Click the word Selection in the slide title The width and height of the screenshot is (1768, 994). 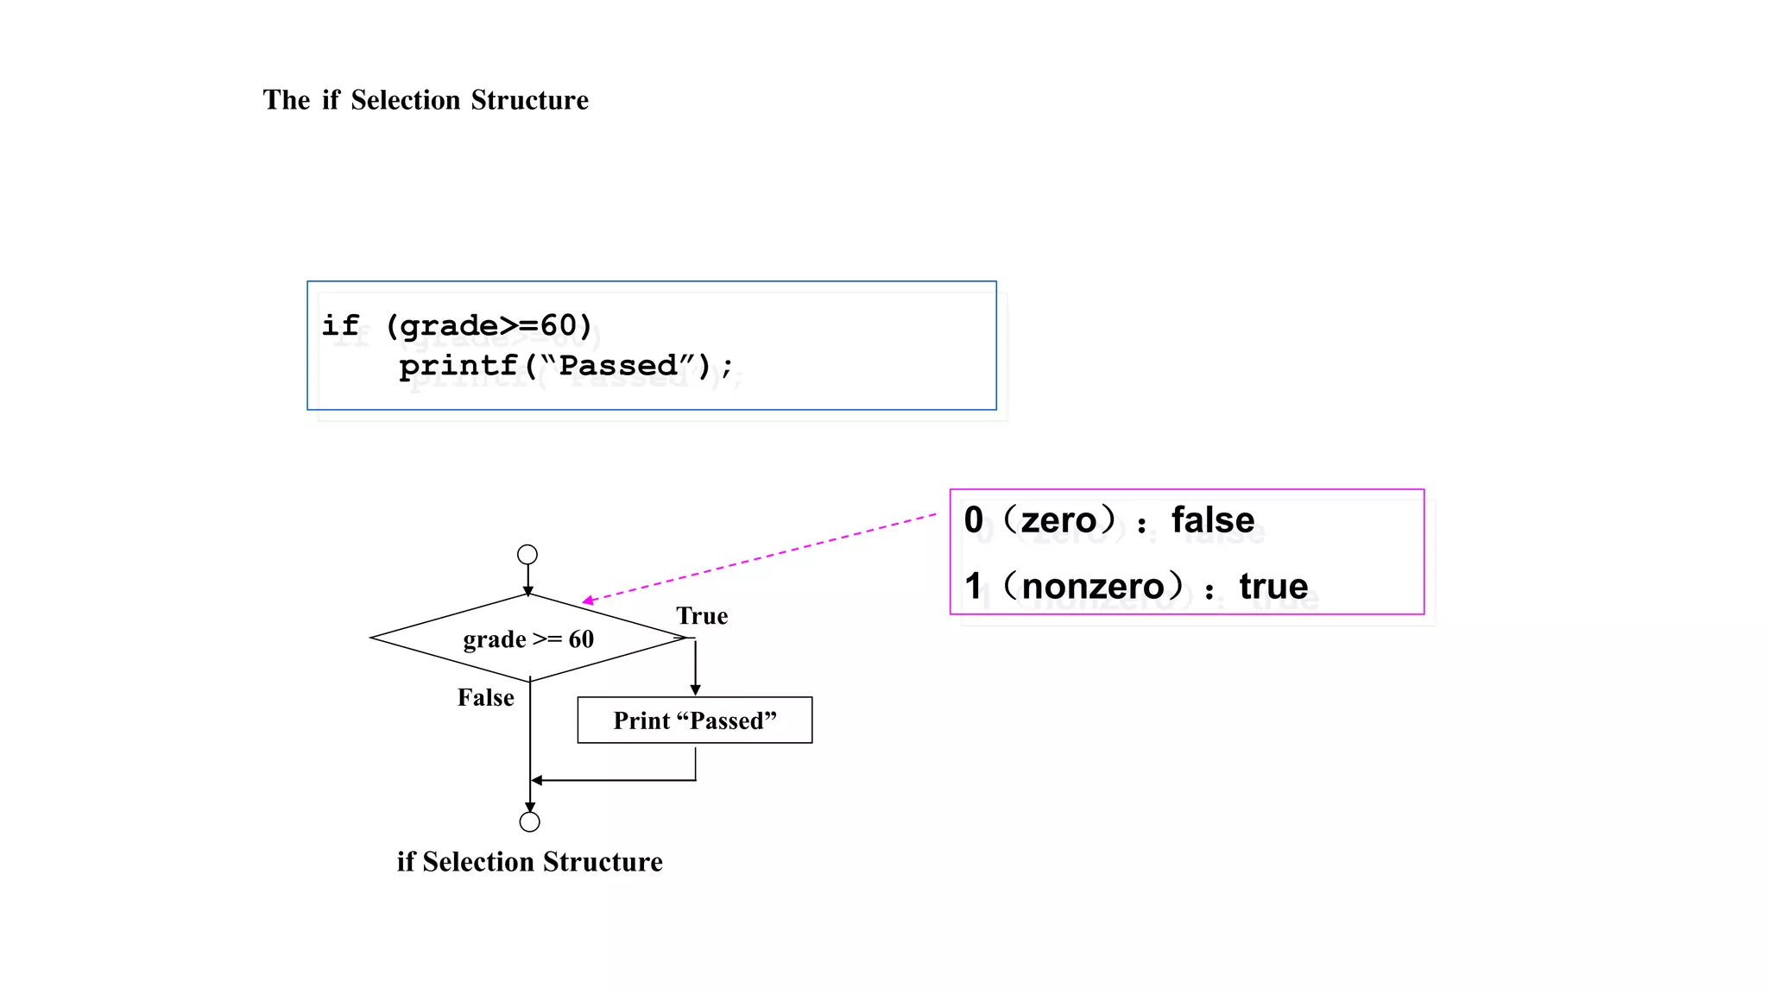(x=406, y=100)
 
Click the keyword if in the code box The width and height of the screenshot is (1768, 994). (x=340, y=325)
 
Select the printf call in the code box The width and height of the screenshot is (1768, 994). (x=458, y=366)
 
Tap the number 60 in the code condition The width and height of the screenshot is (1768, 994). (x=558, y=325)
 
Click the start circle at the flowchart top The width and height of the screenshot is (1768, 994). (x=527, y=554)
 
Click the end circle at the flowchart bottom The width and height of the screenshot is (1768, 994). (x=530, y=821)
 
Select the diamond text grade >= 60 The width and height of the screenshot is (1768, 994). (x=528, y=639)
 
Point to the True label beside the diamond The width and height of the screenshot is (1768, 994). (x=702, y=616)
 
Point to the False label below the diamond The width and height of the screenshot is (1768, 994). (x=486, y=697)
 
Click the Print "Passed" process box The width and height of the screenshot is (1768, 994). (x=695, y=720)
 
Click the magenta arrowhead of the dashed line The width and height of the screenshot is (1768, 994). (x=588, y=601)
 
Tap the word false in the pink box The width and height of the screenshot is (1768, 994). (x=1212, y=520)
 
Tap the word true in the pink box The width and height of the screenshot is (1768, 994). (x=1273, y=587)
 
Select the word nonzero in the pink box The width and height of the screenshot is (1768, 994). (x=1093, y=587)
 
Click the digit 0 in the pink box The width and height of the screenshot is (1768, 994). (x=974, y=520)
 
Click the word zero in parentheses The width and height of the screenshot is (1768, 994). (x=1058, y=520)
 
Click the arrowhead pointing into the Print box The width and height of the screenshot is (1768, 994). (x=695, y=690)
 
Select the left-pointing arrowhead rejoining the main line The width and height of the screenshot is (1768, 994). (x=537, y=780)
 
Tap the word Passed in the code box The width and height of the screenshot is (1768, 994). (x=618, y=366)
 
